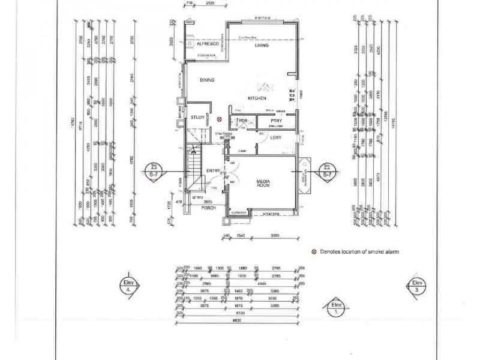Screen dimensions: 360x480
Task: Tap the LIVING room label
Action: pos(261,46)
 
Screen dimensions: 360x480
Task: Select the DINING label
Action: pos(207,80)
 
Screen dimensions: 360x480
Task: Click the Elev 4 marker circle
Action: pos(130,286)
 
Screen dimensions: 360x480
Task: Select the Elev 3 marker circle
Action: pos(416,286)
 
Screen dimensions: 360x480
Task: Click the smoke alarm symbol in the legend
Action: pos(313,253)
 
